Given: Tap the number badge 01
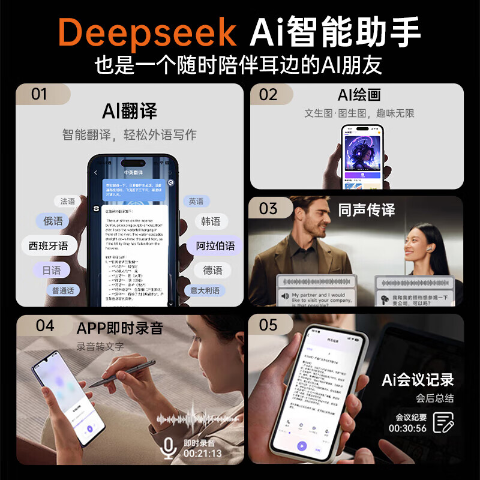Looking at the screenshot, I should click(39, 94).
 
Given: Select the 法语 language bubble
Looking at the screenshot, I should click(68, 202).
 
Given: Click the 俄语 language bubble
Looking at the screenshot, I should click(53, 221).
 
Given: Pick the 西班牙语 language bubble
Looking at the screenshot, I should click(49, 246).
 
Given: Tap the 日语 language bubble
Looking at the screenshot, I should click(52, 271).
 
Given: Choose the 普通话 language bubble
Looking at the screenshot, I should click(63, 291).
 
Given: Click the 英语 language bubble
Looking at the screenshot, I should click(196, 202).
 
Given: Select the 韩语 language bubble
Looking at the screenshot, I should click(211, 221).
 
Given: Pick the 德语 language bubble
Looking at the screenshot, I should click(212, 271).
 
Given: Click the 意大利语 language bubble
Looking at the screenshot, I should click(205, 291).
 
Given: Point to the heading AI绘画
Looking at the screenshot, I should click(359, 95).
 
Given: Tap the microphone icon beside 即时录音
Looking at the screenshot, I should click(169, 448).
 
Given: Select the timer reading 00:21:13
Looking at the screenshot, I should click(202, 454).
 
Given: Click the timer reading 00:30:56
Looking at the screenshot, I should click(407, 428).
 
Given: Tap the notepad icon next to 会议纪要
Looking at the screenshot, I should click(443, 422).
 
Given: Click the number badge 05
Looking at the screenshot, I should click(268, 325).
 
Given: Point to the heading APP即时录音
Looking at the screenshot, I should click(119, 328).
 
